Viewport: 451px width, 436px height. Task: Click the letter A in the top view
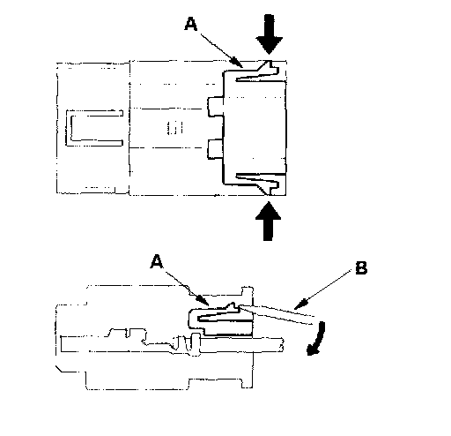[x=191, y=24]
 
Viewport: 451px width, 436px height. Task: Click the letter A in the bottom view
[x=157, y=261]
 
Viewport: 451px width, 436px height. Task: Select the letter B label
[x=361, y=267]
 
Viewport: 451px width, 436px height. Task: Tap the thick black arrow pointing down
[x=269, y=34]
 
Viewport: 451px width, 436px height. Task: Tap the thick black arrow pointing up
[x=268, y=222]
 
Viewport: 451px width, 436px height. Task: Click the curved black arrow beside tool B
[x=319, y=338]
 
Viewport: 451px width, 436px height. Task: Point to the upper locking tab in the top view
[x=258, y=71]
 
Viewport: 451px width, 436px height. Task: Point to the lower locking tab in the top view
[x=258, y=184]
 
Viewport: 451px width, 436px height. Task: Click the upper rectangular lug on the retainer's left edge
[x=216, y=107]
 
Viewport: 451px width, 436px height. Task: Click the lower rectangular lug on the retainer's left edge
[x=216, y=149]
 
